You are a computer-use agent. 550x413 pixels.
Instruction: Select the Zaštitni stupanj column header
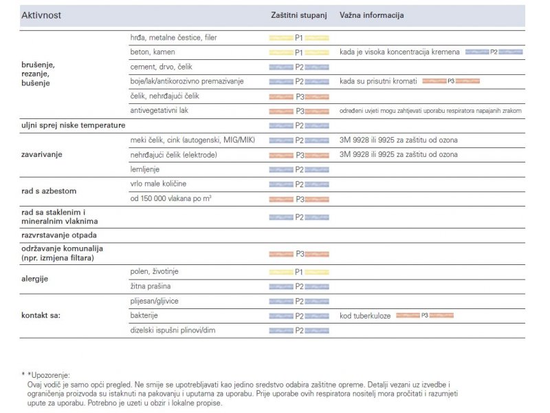tap(298, 14)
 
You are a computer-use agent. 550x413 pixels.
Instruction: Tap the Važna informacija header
tap(371, 14)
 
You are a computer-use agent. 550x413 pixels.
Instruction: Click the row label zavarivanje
tap(42, 155)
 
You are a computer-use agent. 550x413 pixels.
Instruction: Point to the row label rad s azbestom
tap(49, 191)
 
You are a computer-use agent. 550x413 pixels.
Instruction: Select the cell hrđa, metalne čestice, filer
tap(173, 37)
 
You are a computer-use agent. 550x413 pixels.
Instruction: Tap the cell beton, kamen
tap(153, 52)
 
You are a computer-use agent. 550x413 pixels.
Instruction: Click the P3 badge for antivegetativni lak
tap(299, 111)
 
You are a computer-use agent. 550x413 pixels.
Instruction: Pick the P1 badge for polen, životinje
tap(299, 272)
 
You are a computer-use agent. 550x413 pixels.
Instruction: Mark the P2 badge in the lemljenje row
tap(299, 169)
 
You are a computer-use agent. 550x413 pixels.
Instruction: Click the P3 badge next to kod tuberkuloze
tap(424, 315)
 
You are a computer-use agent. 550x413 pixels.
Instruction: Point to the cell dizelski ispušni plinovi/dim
tap(177, 330)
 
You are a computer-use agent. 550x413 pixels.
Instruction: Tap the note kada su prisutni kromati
tap(378, 81)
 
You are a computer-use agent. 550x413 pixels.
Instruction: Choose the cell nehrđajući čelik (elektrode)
tap(173, 155)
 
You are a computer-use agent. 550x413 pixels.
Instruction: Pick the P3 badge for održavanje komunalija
tap(299, 254)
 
